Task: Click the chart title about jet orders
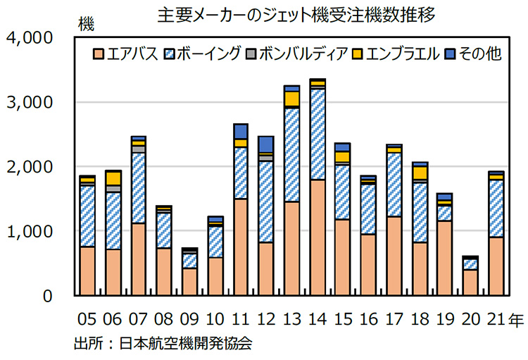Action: (296, 12)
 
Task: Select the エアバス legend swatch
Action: (99, 54)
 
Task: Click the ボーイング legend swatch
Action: (170, 54)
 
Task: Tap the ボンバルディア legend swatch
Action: (251, 54)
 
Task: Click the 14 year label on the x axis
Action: (318, 320)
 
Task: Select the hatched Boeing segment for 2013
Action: (291, 154)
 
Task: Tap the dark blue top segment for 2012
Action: (266, 144)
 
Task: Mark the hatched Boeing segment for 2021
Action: (496, 209)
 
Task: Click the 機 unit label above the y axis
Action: (87, 25)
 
